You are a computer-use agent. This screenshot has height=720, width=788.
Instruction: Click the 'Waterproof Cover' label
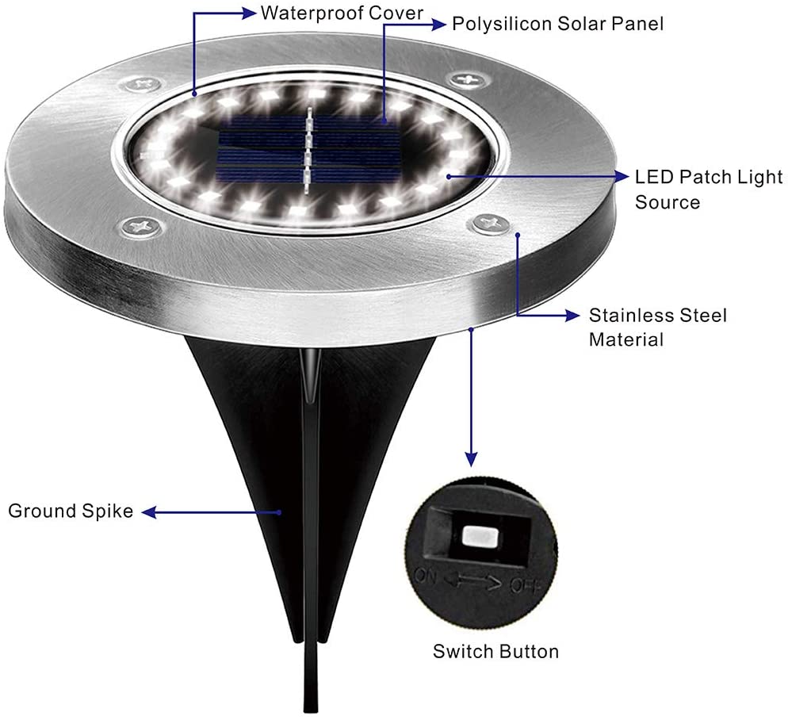(342, 13)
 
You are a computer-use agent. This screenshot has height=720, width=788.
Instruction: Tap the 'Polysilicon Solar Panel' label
(557, 24)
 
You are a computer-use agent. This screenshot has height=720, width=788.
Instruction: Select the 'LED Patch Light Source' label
(708, 189)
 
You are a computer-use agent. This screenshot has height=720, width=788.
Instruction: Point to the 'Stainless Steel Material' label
(656, 327)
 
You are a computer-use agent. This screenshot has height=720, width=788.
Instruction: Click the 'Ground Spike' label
(71, 511)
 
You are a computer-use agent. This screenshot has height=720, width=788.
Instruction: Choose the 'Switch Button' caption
(495, 652)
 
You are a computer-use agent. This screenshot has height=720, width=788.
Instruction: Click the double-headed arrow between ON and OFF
(473, 584)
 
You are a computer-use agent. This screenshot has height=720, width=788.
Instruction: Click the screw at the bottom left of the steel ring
(143, 228)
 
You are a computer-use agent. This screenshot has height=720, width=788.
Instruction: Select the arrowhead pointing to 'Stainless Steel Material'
(572, 316)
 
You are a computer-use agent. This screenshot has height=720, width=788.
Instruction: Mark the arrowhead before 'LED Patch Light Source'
(619, 175)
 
